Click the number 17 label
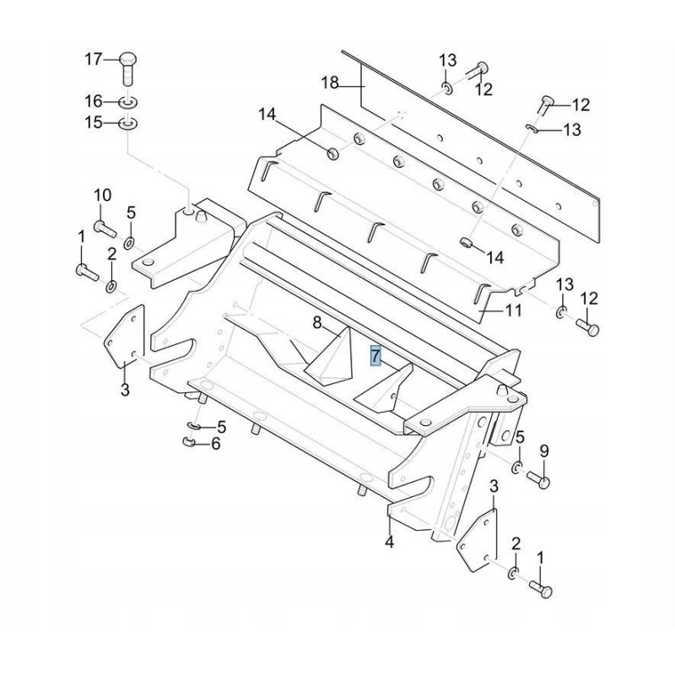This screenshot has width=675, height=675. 92,59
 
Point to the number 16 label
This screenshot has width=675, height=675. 92,101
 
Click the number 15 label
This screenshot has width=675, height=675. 92,123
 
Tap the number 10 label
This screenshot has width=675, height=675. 101,196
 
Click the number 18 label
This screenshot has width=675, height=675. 329,82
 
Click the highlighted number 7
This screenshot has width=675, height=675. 376,355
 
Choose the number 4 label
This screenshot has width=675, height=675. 389,542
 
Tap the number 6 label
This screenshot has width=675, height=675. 215,444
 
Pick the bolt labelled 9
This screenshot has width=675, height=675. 540,481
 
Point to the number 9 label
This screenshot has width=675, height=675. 543,451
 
